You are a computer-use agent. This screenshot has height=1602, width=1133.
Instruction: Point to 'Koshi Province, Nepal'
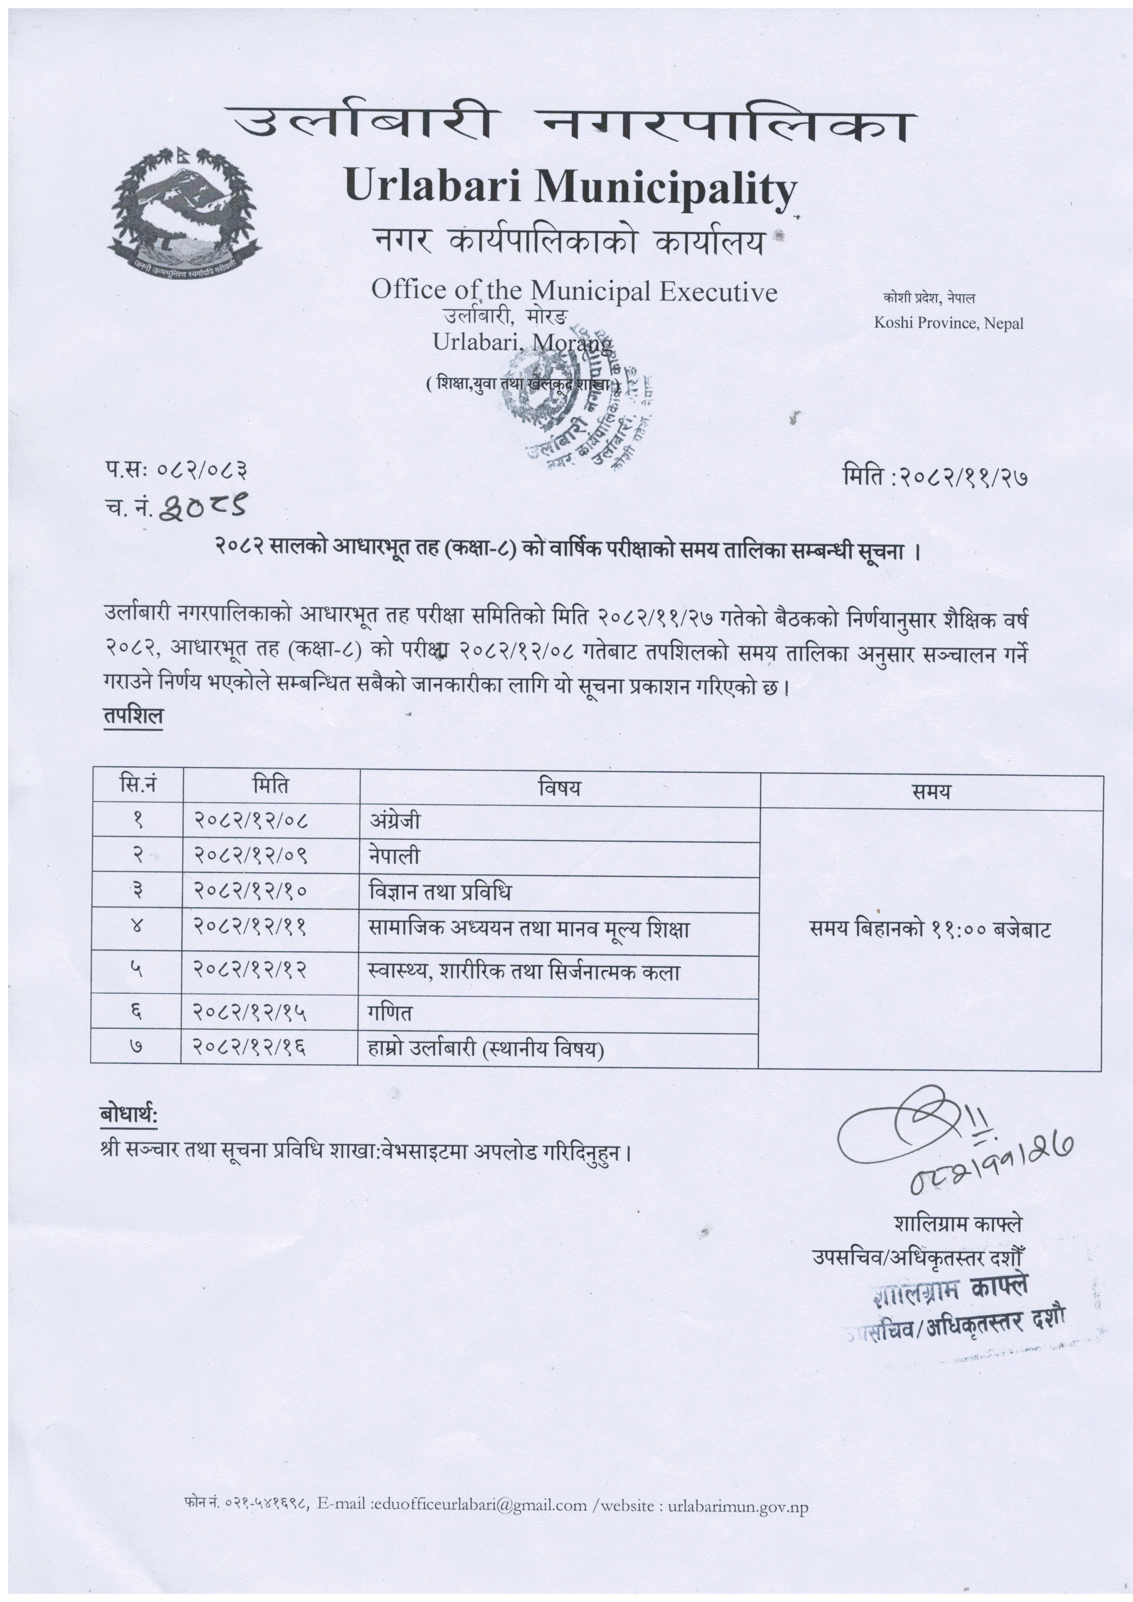[948, 323]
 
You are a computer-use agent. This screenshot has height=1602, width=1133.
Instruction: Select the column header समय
[931, 791]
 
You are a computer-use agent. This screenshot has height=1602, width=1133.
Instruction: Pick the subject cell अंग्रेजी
[395, 821]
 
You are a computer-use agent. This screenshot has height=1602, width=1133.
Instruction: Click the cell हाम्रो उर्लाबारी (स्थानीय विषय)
[486, 1049]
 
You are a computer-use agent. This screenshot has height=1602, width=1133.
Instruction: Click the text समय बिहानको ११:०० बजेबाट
[930, 929]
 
